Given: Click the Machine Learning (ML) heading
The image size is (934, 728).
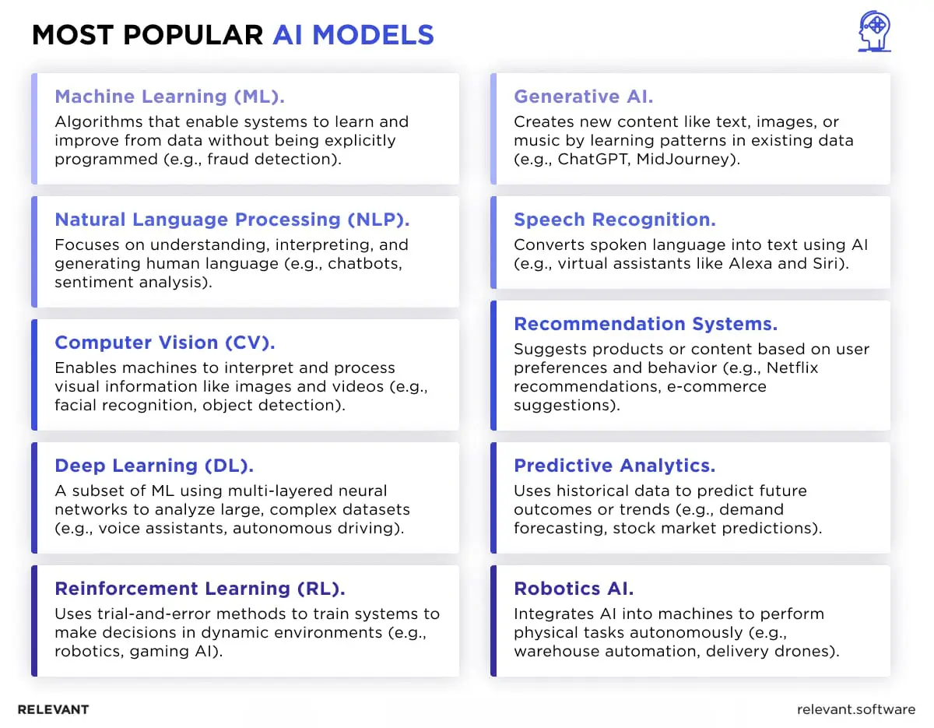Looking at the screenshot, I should pos(170,97).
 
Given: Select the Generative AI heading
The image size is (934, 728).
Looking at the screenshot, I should pos(583,97).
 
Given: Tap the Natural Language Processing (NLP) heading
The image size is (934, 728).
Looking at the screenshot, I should pos(232,220).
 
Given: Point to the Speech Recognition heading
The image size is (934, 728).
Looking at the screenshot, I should pos(614,220).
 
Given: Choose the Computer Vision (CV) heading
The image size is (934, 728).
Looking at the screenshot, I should pos(165,343).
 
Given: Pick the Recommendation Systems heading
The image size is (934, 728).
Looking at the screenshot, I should pos(645,324).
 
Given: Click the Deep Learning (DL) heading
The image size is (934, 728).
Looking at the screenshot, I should pos(154,466).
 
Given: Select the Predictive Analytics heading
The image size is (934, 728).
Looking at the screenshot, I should pos(614,466).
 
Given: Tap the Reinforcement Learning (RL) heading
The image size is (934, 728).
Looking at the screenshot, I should pos(199,589).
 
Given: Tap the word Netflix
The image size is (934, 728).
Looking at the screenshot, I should pos(791,368).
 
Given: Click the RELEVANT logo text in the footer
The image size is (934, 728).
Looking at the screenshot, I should pos(53,709).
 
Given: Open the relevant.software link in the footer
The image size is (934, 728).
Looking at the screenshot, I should pos(856,709).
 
